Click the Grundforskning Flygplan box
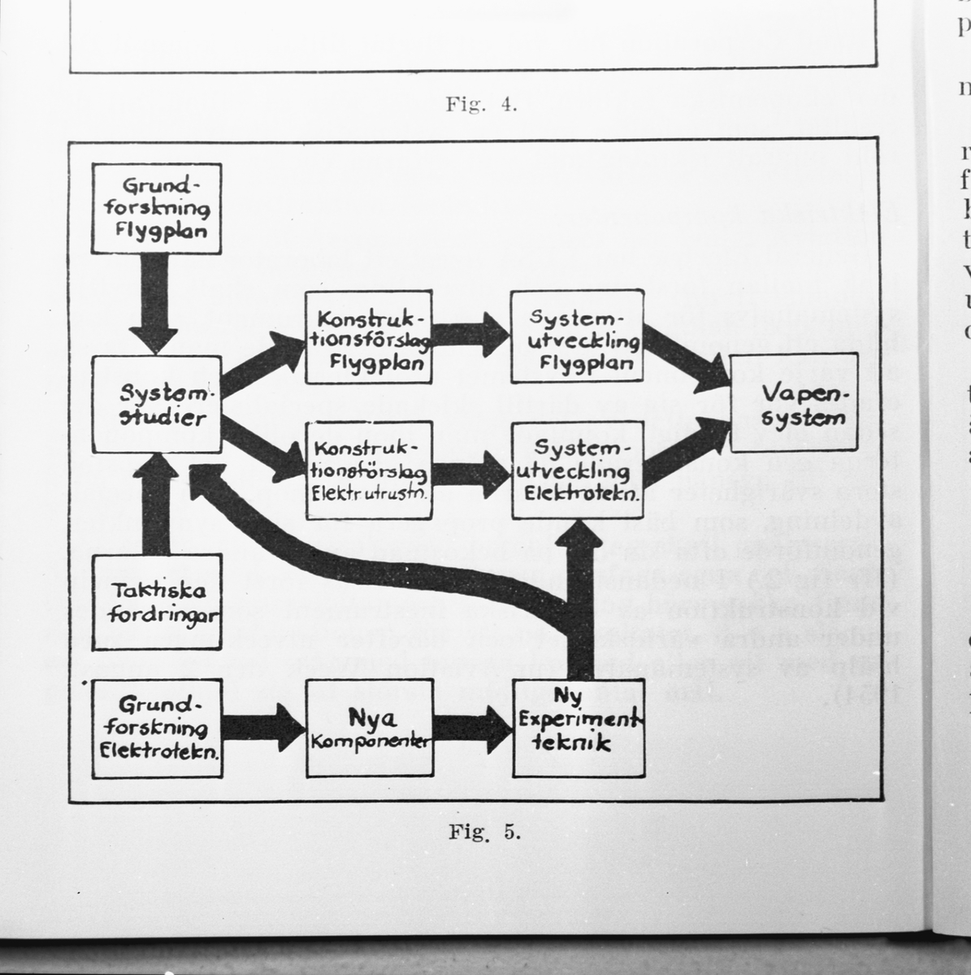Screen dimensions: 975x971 pyautogui.click(x=157, y=209)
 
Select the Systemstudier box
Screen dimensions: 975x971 pyautogui.click(x=157, y=405)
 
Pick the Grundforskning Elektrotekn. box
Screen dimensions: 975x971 pyautogui.click(x=157, y=727)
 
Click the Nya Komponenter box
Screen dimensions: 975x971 pyautogui.click(x=370, y=728)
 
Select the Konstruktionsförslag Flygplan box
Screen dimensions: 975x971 pyautogui.click(x=368, y=337)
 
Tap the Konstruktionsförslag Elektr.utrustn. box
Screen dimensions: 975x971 pyautogui.click(x=368, y=470)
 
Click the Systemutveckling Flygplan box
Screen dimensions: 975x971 pyautogui.click(x=577, y=336)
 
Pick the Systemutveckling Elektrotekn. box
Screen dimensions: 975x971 pyautogui.click(x=577, y=470)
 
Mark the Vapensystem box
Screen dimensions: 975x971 pyautogui.click(x=794, y=404)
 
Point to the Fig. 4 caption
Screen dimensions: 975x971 pyautogui.click(x=481, y=105)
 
